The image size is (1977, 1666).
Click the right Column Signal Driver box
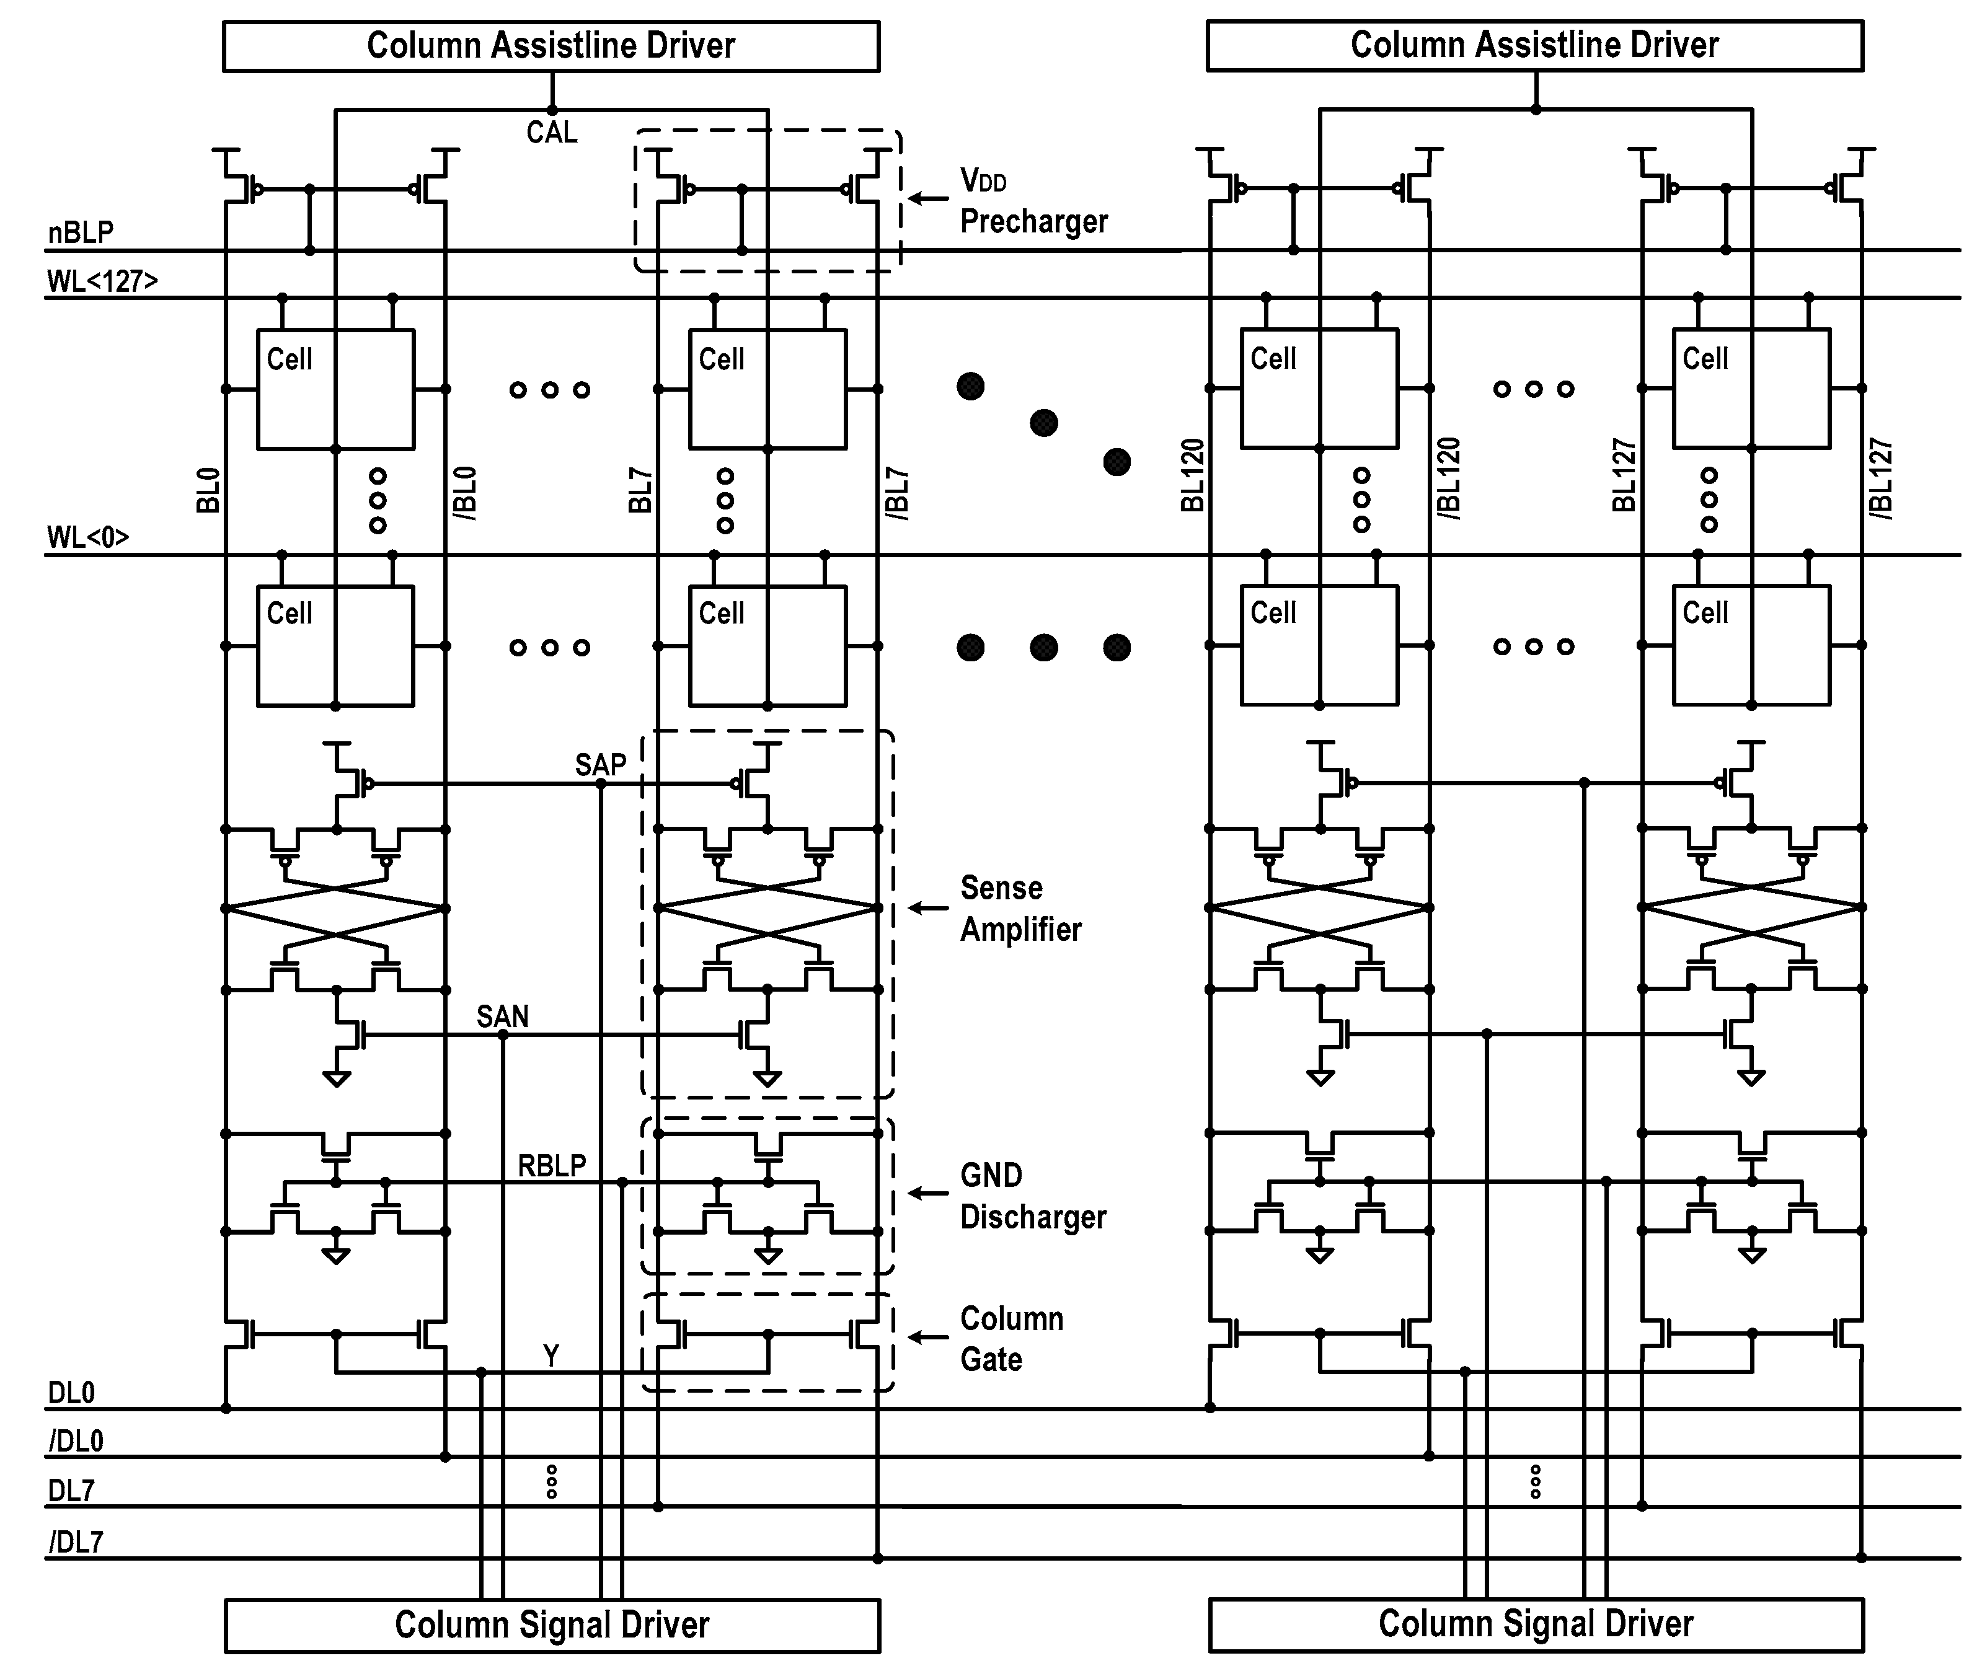(x=1535, y=1623)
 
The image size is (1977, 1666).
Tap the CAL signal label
(x=552, y=132)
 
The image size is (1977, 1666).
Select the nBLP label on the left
(x=81, y=232)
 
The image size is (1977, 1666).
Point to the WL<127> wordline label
(x=102, y=281)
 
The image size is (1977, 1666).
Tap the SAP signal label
(x=600, y=764)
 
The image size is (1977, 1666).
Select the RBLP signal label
(x=552, y=1165)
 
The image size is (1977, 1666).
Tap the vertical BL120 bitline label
(x=1193, y=475)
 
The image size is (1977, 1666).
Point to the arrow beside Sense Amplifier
(x=927, y=907)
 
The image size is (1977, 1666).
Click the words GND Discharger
(x=1032, y=1196)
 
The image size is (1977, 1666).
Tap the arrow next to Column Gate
(x=927, y=1336)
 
